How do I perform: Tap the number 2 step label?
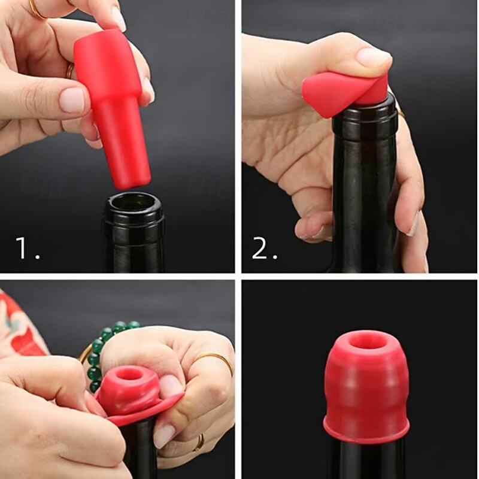tap(263, 247)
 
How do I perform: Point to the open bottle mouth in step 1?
tap(133, 204)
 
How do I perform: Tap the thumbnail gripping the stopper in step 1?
tap(72, 100)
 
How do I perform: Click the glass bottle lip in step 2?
tap(365, 111)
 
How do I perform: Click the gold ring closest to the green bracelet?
tap(216, 362)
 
